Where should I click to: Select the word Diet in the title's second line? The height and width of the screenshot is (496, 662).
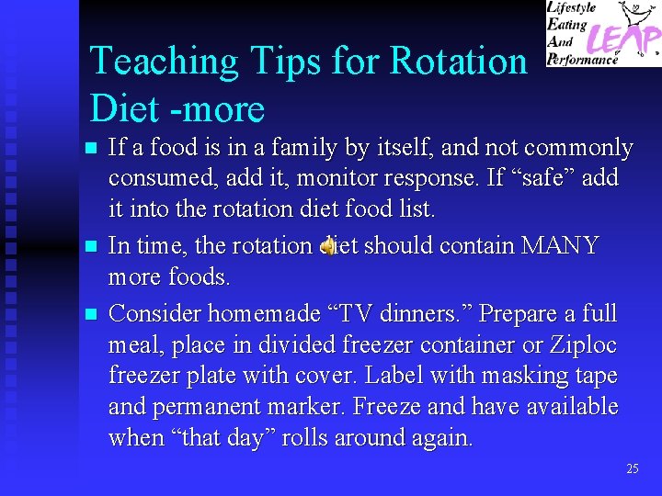click(125, 109)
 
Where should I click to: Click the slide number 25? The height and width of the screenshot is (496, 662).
click(632, 468)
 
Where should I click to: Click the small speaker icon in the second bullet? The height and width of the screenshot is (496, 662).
click(327, 245)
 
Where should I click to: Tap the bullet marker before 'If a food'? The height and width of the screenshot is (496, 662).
click(89, 148)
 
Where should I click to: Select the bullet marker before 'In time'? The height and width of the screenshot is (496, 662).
click(89, 246)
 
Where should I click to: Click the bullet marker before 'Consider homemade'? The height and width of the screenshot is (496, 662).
click(89, 314)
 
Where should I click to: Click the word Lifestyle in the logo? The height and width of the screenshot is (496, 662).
click(573, 7)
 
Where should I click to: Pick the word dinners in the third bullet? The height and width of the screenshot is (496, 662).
click(407, 313)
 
